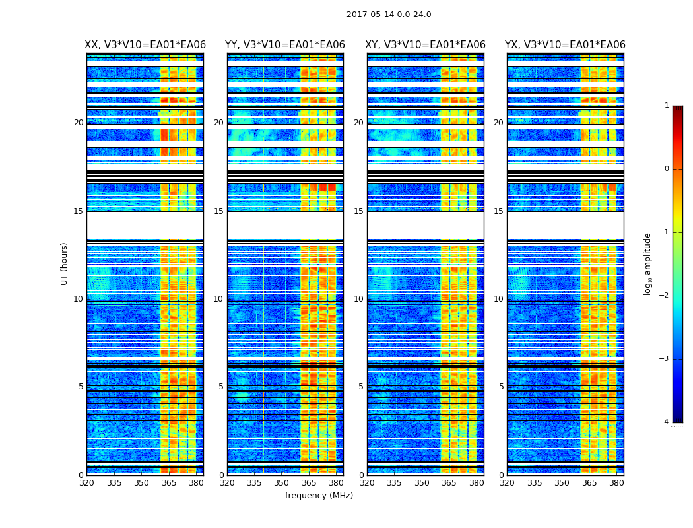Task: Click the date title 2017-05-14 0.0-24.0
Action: point(389,15)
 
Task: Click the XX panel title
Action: point(145,45)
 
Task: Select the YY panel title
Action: point(285,45)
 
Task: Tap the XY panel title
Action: point(426,45)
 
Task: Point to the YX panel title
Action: point(565,45)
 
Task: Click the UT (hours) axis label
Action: point(64,263)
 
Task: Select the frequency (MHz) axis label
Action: point(319,496)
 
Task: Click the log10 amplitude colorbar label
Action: point(648,263)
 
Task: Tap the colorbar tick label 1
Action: point(667,106)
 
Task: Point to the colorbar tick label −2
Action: point(665,296)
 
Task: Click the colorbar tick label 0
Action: point(667,169)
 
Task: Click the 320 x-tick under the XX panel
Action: point(87,483)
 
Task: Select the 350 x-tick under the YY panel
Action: point(282,483)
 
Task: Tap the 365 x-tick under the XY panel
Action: point(449,483)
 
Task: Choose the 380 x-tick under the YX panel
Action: point(616,483)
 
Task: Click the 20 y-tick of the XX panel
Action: point(79,123)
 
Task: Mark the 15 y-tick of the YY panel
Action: point(218,211)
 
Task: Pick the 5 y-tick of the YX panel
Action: point(501,387)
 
